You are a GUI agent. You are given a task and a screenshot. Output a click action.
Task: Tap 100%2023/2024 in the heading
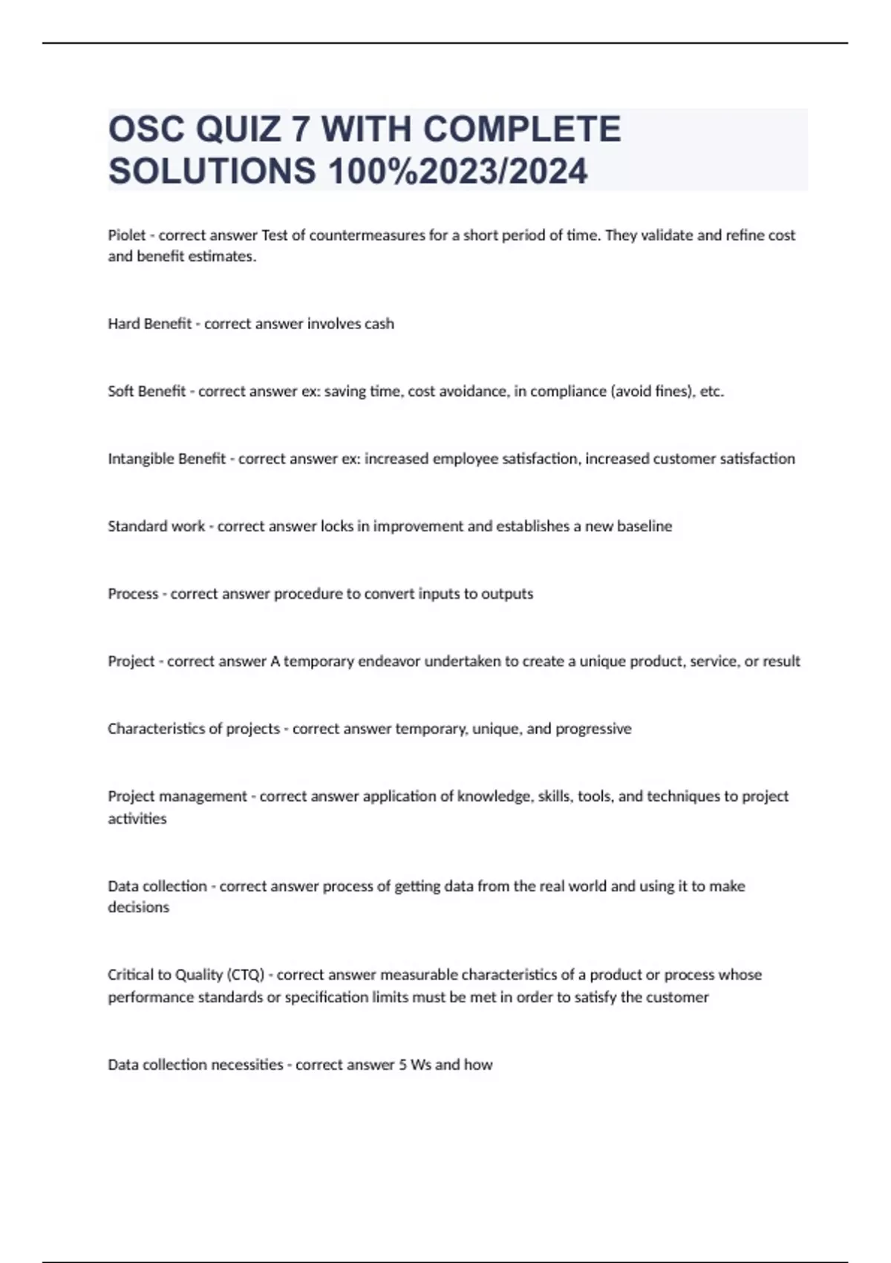pyautogui.click(x=457, y=171)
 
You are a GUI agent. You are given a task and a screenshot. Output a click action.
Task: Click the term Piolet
pyautogui.click(x=127, y=236)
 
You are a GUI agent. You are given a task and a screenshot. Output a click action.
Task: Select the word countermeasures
pyautogui.click(x=359, y=236)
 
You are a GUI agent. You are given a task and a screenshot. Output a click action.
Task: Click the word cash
pyautogui.click(x=379, y=324)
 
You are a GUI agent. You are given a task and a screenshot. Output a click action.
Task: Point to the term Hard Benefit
pyautogui.click(x=149, y=324)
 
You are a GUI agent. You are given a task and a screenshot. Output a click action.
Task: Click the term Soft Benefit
pyautogui.click(x=146, y=392)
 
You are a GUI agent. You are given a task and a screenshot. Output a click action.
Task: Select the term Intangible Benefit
pyautogui.click(x=166, y=459)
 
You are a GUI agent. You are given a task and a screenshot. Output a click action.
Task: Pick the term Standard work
pyautogui.click(x=156, y=527)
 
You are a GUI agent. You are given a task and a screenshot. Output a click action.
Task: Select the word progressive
pyautogui.click(x=593, y=729)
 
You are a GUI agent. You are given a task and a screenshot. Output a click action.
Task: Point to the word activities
pyautogui.click(x=137, y=819)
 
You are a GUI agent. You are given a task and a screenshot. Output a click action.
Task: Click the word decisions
pyautogui.click(x=139, y=907)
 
